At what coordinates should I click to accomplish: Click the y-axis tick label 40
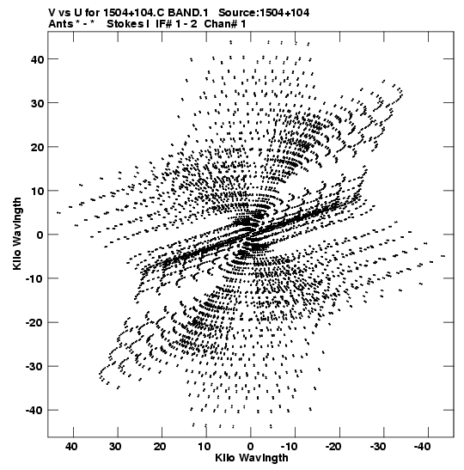[37, 59]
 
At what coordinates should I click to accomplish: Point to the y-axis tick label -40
[34, 410]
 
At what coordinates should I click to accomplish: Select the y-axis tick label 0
[40, 235]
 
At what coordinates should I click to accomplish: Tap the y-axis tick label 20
[37, 147]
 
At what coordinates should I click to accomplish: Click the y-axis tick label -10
[34, 278]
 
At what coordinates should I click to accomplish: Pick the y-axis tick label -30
[34, 366]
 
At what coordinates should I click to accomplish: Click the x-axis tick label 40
[71, 447]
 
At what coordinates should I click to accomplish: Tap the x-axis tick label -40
[423, 447]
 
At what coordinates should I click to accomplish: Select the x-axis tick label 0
[251, 447]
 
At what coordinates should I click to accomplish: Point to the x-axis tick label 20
[160, 447]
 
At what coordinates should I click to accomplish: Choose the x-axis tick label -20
[333, 447]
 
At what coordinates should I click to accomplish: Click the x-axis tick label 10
[205, 447]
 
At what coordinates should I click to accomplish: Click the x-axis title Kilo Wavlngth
[252, 458]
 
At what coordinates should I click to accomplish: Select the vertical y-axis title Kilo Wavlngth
[17, 234]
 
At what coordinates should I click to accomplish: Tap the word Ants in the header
[60, 24]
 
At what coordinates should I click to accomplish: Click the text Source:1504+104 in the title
[264, 13]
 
